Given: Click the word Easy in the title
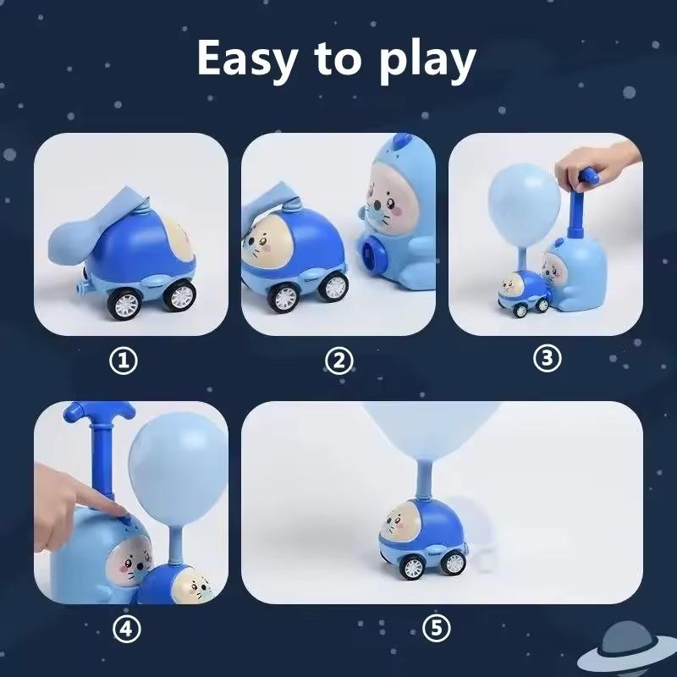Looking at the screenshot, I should pyautogui.click(x=246, y=58).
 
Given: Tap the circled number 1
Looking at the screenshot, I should pyautogui.click(x=125, y=362).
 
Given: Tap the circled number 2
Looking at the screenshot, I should pyautogui.click(x=338, y=362).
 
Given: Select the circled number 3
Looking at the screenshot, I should pyautogui.click(x=547, y=358).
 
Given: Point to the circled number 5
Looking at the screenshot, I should pyautogui.click(x=437, y=629).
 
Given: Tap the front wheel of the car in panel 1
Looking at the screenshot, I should pyautogui.click(x=179, y=294).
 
